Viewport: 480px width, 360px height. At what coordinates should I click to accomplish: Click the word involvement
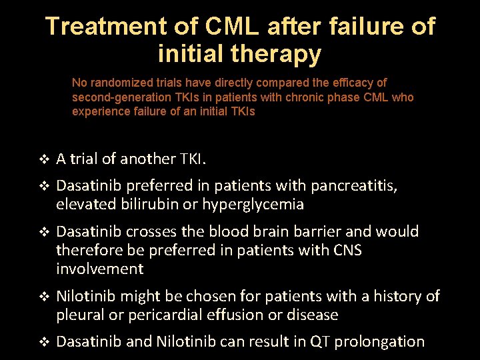[x=99, y=269]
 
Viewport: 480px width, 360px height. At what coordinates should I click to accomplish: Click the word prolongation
[x=379, y=342]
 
